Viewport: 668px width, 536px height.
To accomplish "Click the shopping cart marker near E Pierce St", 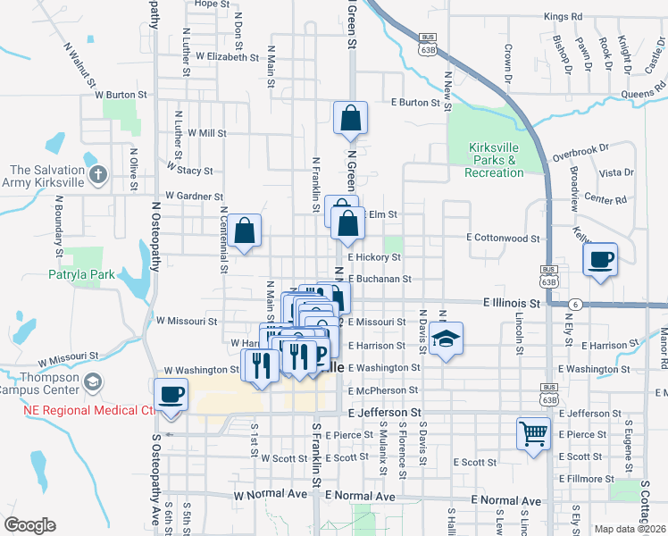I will [533, 434].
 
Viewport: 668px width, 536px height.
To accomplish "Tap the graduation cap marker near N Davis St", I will [446, 339].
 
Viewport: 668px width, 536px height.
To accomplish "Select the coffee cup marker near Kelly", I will [599, 260].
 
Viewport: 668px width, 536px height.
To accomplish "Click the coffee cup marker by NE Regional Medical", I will [171, 395].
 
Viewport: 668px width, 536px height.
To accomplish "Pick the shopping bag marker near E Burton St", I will [351, 117].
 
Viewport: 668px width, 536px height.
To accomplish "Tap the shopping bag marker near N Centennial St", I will [244, 230].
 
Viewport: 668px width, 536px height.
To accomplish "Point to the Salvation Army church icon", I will [99, 175].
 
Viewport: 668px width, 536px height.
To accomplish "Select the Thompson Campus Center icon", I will [92, 383].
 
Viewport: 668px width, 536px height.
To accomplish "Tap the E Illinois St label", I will [513, 304].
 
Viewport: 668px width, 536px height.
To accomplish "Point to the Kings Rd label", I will [563, 16].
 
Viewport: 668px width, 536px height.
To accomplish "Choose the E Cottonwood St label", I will [504, 239].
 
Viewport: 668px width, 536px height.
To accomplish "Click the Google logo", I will [29, 525].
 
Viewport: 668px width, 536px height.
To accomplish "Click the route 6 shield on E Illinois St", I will [578, 305].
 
